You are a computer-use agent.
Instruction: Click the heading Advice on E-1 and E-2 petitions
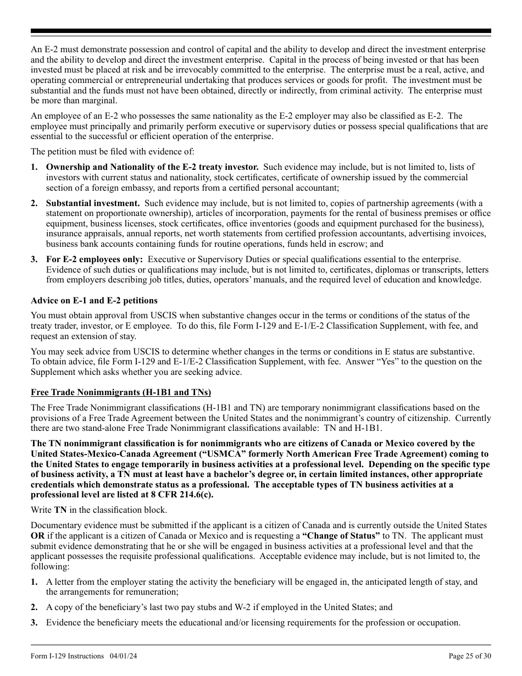(x=94, y=301)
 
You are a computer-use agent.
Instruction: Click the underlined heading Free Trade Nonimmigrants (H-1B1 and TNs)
(x=121, y=392)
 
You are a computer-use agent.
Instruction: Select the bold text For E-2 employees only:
(x=95, y=259)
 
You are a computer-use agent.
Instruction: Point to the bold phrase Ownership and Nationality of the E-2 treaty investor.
(x=152, y=167)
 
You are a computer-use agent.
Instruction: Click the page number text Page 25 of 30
(x=470, y=656)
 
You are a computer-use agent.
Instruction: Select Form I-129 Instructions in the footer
(x=67, y=656)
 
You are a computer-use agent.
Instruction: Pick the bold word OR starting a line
(x=37, y=535)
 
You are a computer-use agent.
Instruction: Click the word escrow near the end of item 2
(x=356, y=244)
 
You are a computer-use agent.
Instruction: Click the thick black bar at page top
(x=261, y=31)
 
